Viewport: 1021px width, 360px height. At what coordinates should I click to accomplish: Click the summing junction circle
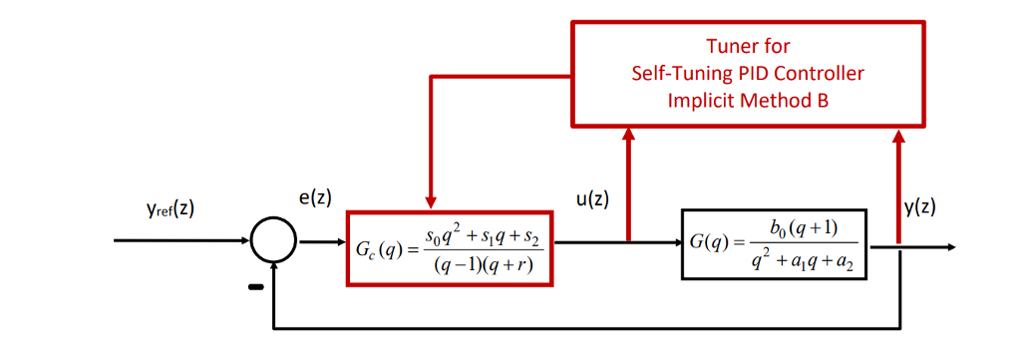point(272,241)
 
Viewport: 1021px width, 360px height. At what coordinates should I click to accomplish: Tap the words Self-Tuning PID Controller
point(748,73)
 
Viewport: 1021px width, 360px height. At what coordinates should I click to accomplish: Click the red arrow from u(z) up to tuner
point(628,184)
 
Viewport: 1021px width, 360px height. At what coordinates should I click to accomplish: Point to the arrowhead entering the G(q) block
point(673,241)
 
